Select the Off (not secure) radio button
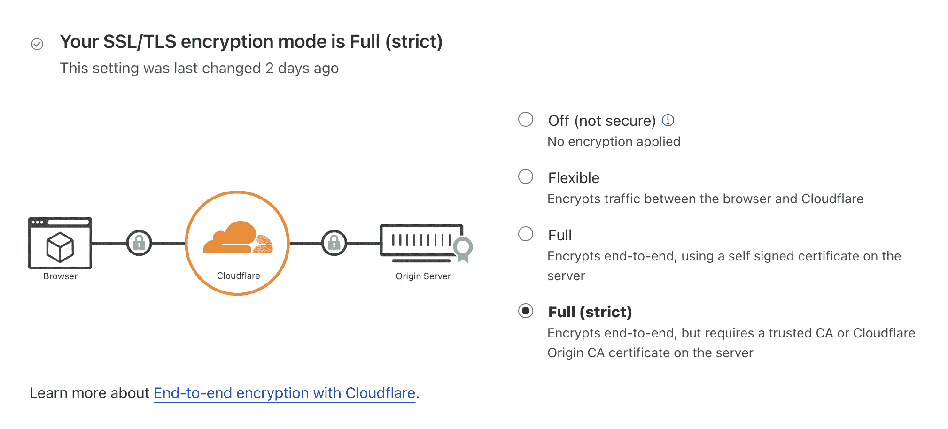coord(525,119)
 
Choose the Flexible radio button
coord(525,176)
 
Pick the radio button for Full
coord(525,234)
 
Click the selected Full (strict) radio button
coord(525,311)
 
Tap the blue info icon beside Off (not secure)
coord(668,120)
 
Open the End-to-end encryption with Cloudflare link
coord(284,393)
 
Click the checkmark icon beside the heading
coord(37,44)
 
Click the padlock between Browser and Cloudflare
coord(139,243)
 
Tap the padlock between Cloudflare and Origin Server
coord(334,243)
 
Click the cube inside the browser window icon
coord(60,247)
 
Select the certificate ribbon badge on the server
coord(463,249)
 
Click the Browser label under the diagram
coord(60,276)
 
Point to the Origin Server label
coord(423,276)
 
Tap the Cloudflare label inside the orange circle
coord(238,276)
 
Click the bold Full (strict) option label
coord(590,312)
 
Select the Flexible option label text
coord(574,178)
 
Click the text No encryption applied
coord(614,142)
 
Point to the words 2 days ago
coord(302,69)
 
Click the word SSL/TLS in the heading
coord(140,42)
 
